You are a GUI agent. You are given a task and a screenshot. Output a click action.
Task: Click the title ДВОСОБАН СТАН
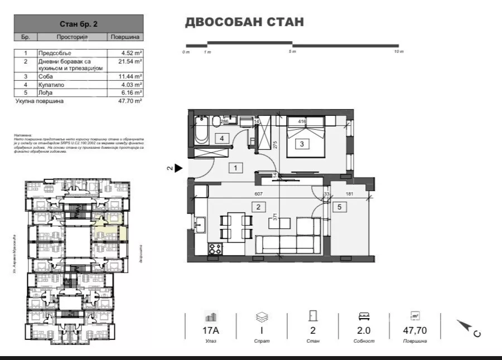tap(244, 23)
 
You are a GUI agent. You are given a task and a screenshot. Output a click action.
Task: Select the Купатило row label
tap(52, 85)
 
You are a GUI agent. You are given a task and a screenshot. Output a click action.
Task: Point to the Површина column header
tap(125, 37)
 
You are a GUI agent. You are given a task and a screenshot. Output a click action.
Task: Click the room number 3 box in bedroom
tap(302, 144)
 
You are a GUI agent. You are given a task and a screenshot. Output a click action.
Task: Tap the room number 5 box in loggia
tap(339, 207)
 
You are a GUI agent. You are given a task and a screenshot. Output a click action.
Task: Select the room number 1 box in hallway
tap(236, 167)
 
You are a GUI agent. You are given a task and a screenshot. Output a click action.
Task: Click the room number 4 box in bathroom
tap(221, 138)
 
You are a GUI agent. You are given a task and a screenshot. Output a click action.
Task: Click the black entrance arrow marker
tap(178, 168)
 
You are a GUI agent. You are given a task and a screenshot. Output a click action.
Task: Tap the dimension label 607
tap(258, 194)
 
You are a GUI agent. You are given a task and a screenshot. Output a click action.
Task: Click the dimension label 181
tap(350, 194)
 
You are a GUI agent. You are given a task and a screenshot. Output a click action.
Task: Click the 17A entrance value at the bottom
tap(211, 330)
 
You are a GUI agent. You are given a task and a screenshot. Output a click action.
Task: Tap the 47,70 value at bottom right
tap(416, 330)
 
